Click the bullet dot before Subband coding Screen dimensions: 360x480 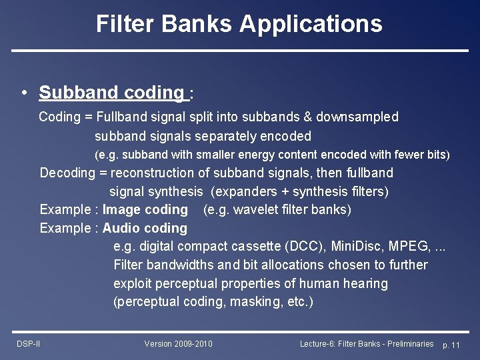click(x=24, y=93)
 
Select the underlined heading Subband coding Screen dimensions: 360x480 click(x=111, y=93)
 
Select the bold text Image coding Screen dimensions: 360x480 click(x=145, y=210)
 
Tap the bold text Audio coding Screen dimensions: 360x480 click(x=145, y=229)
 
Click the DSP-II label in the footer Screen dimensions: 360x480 click(x=29, y=344)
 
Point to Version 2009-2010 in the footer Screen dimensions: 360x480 click(x=178, y=344)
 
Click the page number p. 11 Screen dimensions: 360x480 click(x=451, y=345)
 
